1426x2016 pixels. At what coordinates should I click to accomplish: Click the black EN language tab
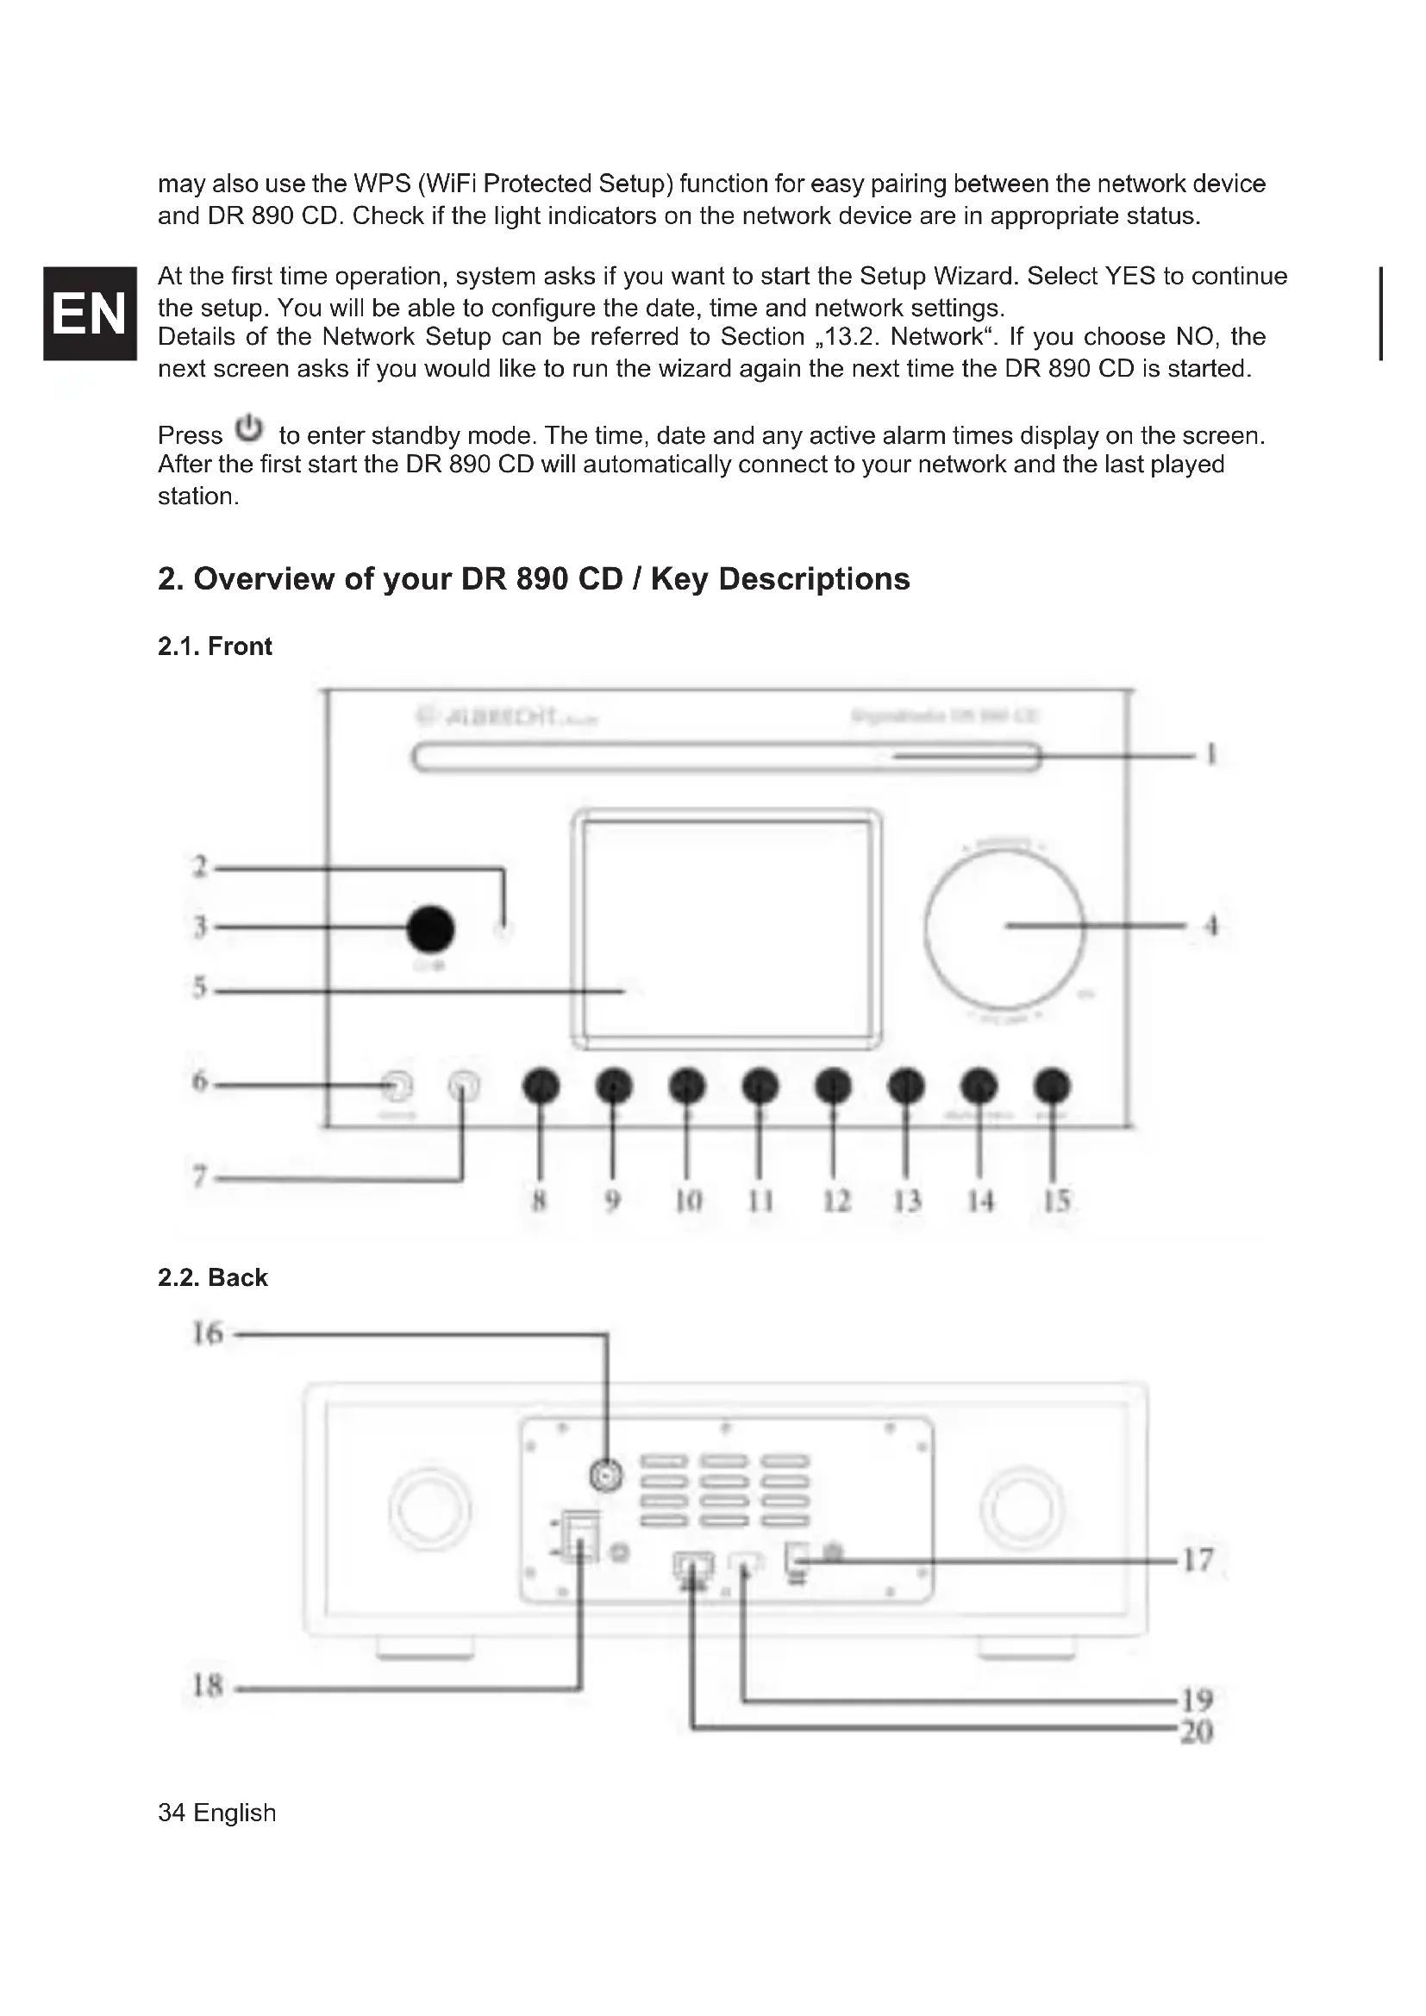coord(89,313)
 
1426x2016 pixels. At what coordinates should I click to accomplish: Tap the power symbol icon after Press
coord(249,428)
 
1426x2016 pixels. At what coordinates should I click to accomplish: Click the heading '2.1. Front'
coord(215,646)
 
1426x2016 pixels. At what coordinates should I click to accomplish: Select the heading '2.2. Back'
coord(212,1277)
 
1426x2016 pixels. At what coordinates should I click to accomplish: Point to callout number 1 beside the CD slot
coord(1211,755)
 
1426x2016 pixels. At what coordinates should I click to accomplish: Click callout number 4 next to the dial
coord(1211,926)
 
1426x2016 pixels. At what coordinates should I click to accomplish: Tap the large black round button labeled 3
coord(431,928)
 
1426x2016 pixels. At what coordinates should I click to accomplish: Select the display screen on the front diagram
coord(725,927)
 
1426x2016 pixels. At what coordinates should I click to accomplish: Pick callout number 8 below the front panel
coord(540,1201)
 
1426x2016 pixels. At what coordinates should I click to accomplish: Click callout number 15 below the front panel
coord(1057,1201)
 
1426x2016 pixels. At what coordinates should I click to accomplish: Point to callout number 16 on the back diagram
coord(208,1333)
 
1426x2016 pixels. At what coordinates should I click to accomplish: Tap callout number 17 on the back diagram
coord(1198,1560)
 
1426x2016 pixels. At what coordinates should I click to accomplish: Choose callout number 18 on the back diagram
coord(208,1686)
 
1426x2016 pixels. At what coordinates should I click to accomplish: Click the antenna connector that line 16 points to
coord(606,1475)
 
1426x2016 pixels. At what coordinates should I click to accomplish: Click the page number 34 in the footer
coord(172,1813)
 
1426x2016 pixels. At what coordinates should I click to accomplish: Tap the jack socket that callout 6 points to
coord(397,1087)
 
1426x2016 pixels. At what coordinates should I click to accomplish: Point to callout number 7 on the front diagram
coord(200,1177)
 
